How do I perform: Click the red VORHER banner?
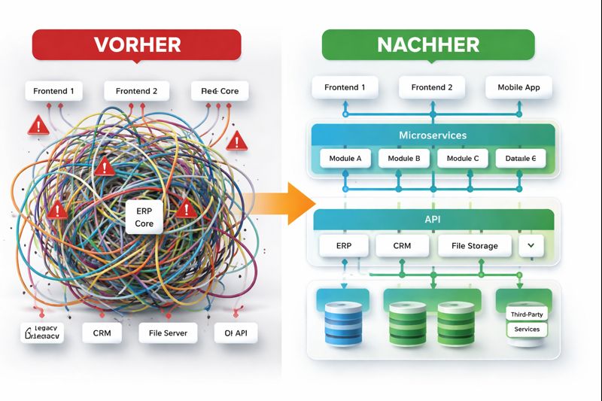coord(136,44)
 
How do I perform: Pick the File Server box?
coord(168,332)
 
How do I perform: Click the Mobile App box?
coord(518,87)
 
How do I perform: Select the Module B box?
coord(404,159)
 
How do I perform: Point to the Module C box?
coord(462,159)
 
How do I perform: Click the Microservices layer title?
coord(433,135)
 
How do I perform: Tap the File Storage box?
coord(474,245)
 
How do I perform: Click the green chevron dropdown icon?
coord(531,245)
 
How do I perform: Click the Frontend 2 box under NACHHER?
coord(432,87)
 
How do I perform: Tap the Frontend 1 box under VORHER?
coord(54,91)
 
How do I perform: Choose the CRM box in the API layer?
coord(402,245)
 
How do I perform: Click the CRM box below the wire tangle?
coord(102,332)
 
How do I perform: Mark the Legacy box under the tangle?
coord(42,333)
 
